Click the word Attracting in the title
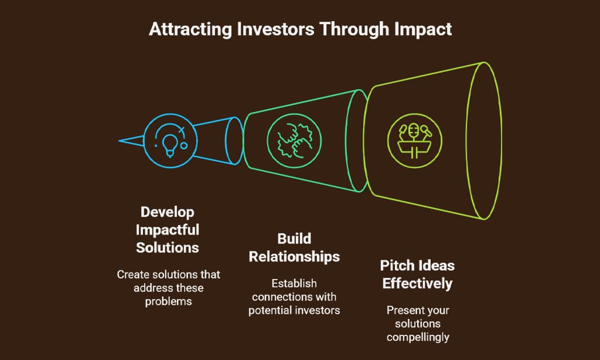click(x=186, y=29)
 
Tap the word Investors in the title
click(x=271, y=29)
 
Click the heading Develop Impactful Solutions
click(x=168, y=229)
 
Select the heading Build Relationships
click(x=294, y=248)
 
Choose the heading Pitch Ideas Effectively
click(x=417, y=274)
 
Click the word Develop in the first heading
click(x=168, y=211)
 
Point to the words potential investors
click(x=294, y=310)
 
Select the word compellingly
click(x=417, y=337)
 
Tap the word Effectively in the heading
click(x=417, y=284)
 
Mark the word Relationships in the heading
click(x=294, y=257)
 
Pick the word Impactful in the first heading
click(x=168, y=229)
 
